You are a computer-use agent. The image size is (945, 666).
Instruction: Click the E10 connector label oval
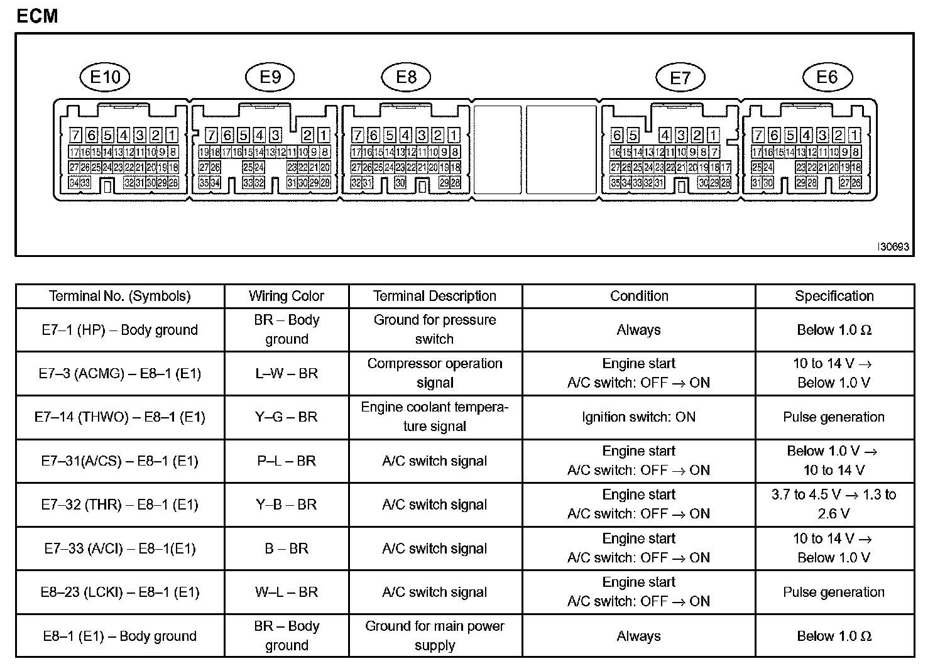click(x=105, y=77)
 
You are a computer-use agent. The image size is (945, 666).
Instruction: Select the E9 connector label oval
click(x=270, y=77)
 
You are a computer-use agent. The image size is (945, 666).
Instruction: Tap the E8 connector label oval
click(x=407, y=77)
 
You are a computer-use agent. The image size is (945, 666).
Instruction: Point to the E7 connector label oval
click(x=680, y=78)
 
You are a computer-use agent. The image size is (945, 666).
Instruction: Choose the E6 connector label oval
click(x=827, y=77)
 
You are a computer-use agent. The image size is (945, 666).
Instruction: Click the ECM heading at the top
click(x=37, y=16)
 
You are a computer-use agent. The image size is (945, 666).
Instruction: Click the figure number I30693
click(x=893, y=247)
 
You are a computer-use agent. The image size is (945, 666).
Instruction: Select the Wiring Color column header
click(x=287, y=296)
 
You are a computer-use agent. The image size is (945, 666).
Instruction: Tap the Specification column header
click(x=834, y=296)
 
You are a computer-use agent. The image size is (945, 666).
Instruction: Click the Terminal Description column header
click(x=435, y=296)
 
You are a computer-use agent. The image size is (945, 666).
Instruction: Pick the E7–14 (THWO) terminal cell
click(x=119, y=417)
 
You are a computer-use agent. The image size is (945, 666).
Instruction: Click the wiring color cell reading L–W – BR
click(x=287, y=373)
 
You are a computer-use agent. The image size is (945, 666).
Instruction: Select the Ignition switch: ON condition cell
click(x=638, y=417)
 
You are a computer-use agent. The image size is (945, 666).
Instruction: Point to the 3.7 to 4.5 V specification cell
click(x=834, y=504)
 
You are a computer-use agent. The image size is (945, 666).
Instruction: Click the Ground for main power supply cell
click(x=435, y=635)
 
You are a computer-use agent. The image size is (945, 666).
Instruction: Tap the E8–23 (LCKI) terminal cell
click(x=119, y=592)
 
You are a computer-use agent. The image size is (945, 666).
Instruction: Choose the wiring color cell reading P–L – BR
click(x=287, y=461)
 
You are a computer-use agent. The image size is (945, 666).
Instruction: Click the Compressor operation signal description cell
click(x=435, y=373)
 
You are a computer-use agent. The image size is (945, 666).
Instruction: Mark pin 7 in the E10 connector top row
click(x=75, y=135)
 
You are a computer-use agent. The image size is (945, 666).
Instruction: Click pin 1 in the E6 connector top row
click(x=855, y=135)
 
